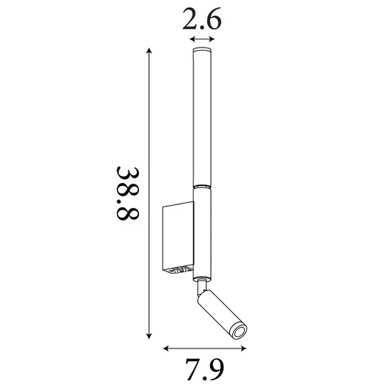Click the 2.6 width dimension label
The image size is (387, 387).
[202, 21]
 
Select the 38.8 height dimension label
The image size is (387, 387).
[128, 194]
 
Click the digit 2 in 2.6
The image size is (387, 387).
[191, 21]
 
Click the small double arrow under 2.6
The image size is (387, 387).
[202, 39]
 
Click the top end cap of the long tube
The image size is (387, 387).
[202, 51]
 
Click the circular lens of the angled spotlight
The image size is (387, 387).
[239, 332]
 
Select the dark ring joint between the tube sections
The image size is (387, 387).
[202, 186]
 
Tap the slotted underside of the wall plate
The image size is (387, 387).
[180, 269]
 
